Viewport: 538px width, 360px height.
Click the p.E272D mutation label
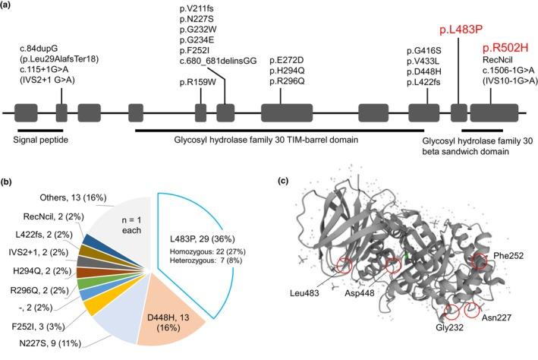click(282, 59)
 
